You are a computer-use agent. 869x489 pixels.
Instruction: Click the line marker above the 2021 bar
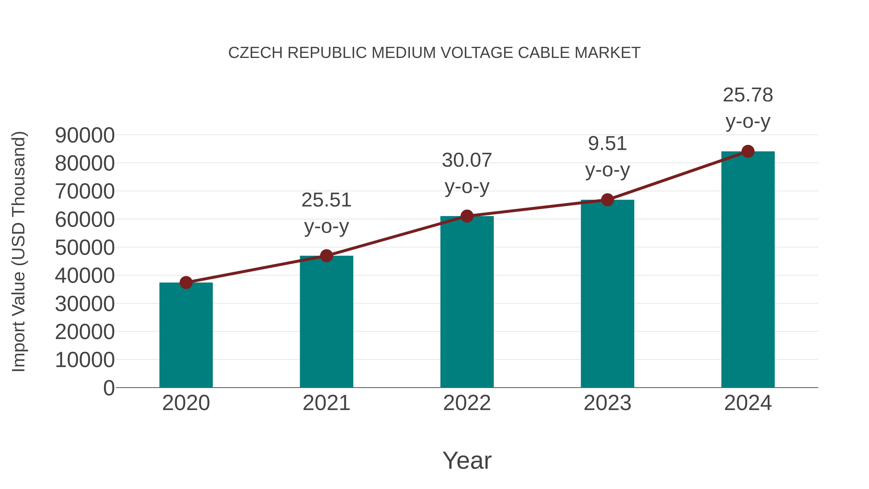coord(326,256)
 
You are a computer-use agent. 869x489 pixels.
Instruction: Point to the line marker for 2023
coord(607,200)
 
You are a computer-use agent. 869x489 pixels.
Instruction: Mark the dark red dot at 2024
coord(748,151)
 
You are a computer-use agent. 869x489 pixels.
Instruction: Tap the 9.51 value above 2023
coord(607,143)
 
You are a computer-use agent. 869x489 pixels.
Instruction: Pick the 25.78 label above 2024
coord(748,95)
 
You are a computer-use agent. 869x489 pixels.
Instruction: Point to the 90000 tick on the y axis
coord(85,135)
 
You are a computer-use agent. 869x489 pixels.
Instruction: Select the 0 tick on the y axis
coord(109,388)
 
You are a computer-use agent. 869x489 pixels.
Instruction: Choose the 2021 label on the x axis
coord(326,403)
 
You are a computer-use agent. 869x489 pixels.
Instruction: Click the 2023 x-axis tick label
coord(607,403)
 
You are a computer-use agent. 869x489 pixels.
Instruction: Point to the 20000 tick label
coord(85,332)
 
